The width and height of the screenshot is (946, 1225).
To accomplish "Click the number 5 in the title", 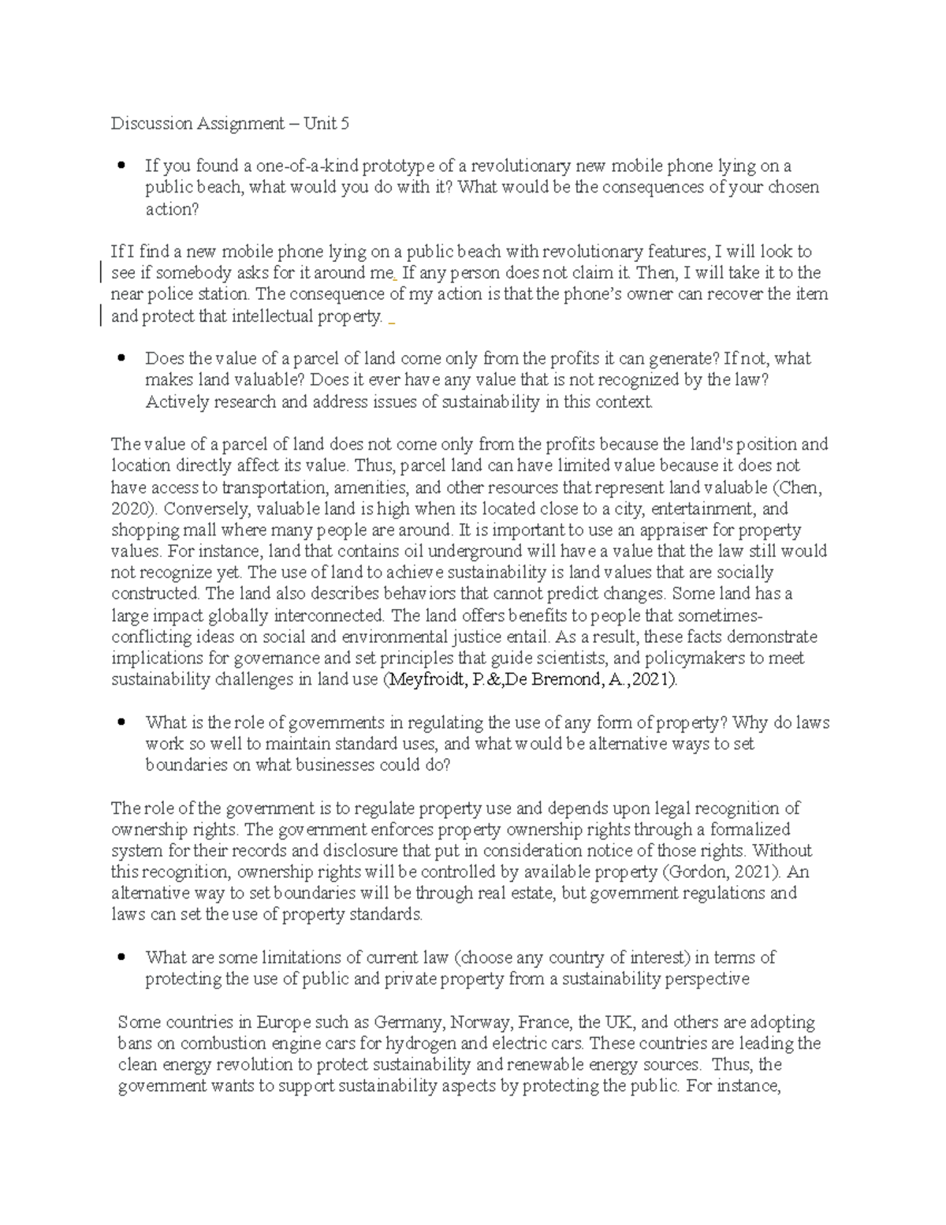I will click(x=345, y=123).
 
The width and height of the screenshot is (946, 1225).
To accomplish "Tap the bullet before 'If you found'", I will click(x=121, y=166).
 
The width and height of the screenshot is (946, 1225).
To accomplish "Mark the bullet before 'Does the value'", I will click(x=121, y=358).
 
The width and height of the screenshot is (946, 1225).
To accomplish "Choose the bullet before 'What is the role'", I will click(x=121, y=722).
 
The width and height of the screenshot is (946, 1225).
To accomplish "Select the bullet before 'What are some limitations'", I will click(x=121, y=958).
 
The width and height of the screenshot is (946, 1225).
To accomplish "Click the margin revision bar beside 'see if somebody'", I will click(x=101, y=273).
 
